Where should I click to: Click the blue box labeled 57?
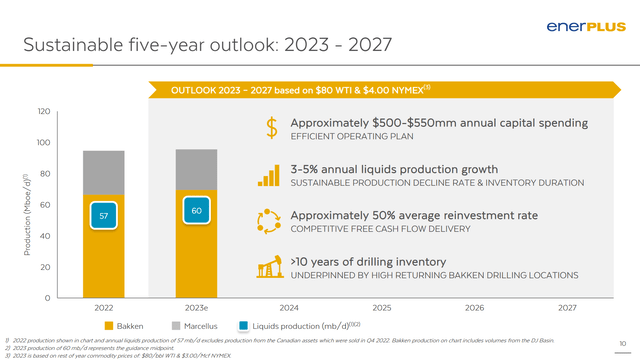(x=104, y=215)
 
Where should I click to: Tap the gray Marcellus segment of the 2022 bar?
(x=104, y=172)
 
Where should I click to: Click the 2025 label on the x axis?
(x=381, y=308)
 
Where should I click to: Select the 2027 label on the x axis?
(x=566, y=308)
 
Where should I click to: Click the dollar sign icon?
(x=270, y=127)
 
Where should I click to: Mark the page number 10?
(x=624, y=344)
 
